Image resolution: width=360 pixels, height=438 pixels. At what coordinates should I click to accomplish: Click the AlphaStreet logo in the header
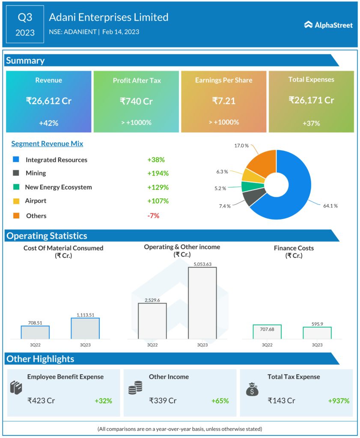click(x=328, y=25)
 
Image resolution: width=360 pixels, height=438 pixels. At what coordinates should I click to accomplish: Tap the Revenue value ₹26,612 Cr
click(x=48, y=101)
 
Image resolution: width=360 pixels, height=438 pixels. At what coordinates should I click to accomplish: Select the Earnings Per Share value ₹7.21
click(x=224, y=101)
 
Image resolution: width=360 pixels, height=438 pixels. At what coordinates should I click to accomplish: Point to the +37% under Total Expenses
click(x=311, y=123)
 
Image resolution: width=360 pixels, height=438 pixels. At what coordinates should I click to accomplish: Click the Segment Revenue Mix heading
click(x=47, y=144)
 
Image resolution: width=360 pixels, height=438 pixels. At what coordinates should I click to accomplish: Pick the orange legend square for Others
click(x=16, y=216)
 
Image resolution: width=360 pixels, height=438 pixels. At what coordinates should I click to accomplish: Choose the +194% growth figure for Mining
click(x=158, y=173)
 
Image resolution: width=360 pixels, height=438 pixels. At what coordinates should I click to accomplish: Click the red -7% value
click(x=153, y=216)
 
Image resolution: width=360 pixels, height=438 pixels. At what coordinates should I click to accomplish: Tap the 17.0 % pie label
click(x=241, y=145)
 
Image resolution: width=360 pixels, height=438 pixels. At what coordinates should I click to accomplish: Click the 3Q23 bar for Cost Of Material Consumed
click(x=85, y=328)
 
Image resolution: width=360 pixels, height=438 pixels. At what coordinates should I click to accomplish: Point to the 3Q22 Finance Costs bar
click(x=267, y=331)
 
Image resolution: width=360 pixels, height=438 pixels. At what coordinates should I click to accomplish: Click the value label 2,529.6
click(x=152, y=300)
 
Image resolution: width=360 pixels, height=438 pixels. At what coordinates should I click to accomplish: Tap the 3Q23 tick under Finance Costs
click(x=317, y=345)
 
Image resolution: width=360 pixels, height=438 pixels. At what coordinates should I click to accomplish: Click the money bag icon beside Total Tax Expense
click(x=251, y=388)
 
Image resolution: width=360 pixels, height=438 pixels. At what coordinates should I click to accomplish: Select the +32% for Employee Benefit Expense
click(x=103, y=401)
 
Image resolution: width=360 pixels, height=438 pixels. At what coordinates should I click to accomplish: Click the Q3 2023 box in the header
click(x=25, y=24)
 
